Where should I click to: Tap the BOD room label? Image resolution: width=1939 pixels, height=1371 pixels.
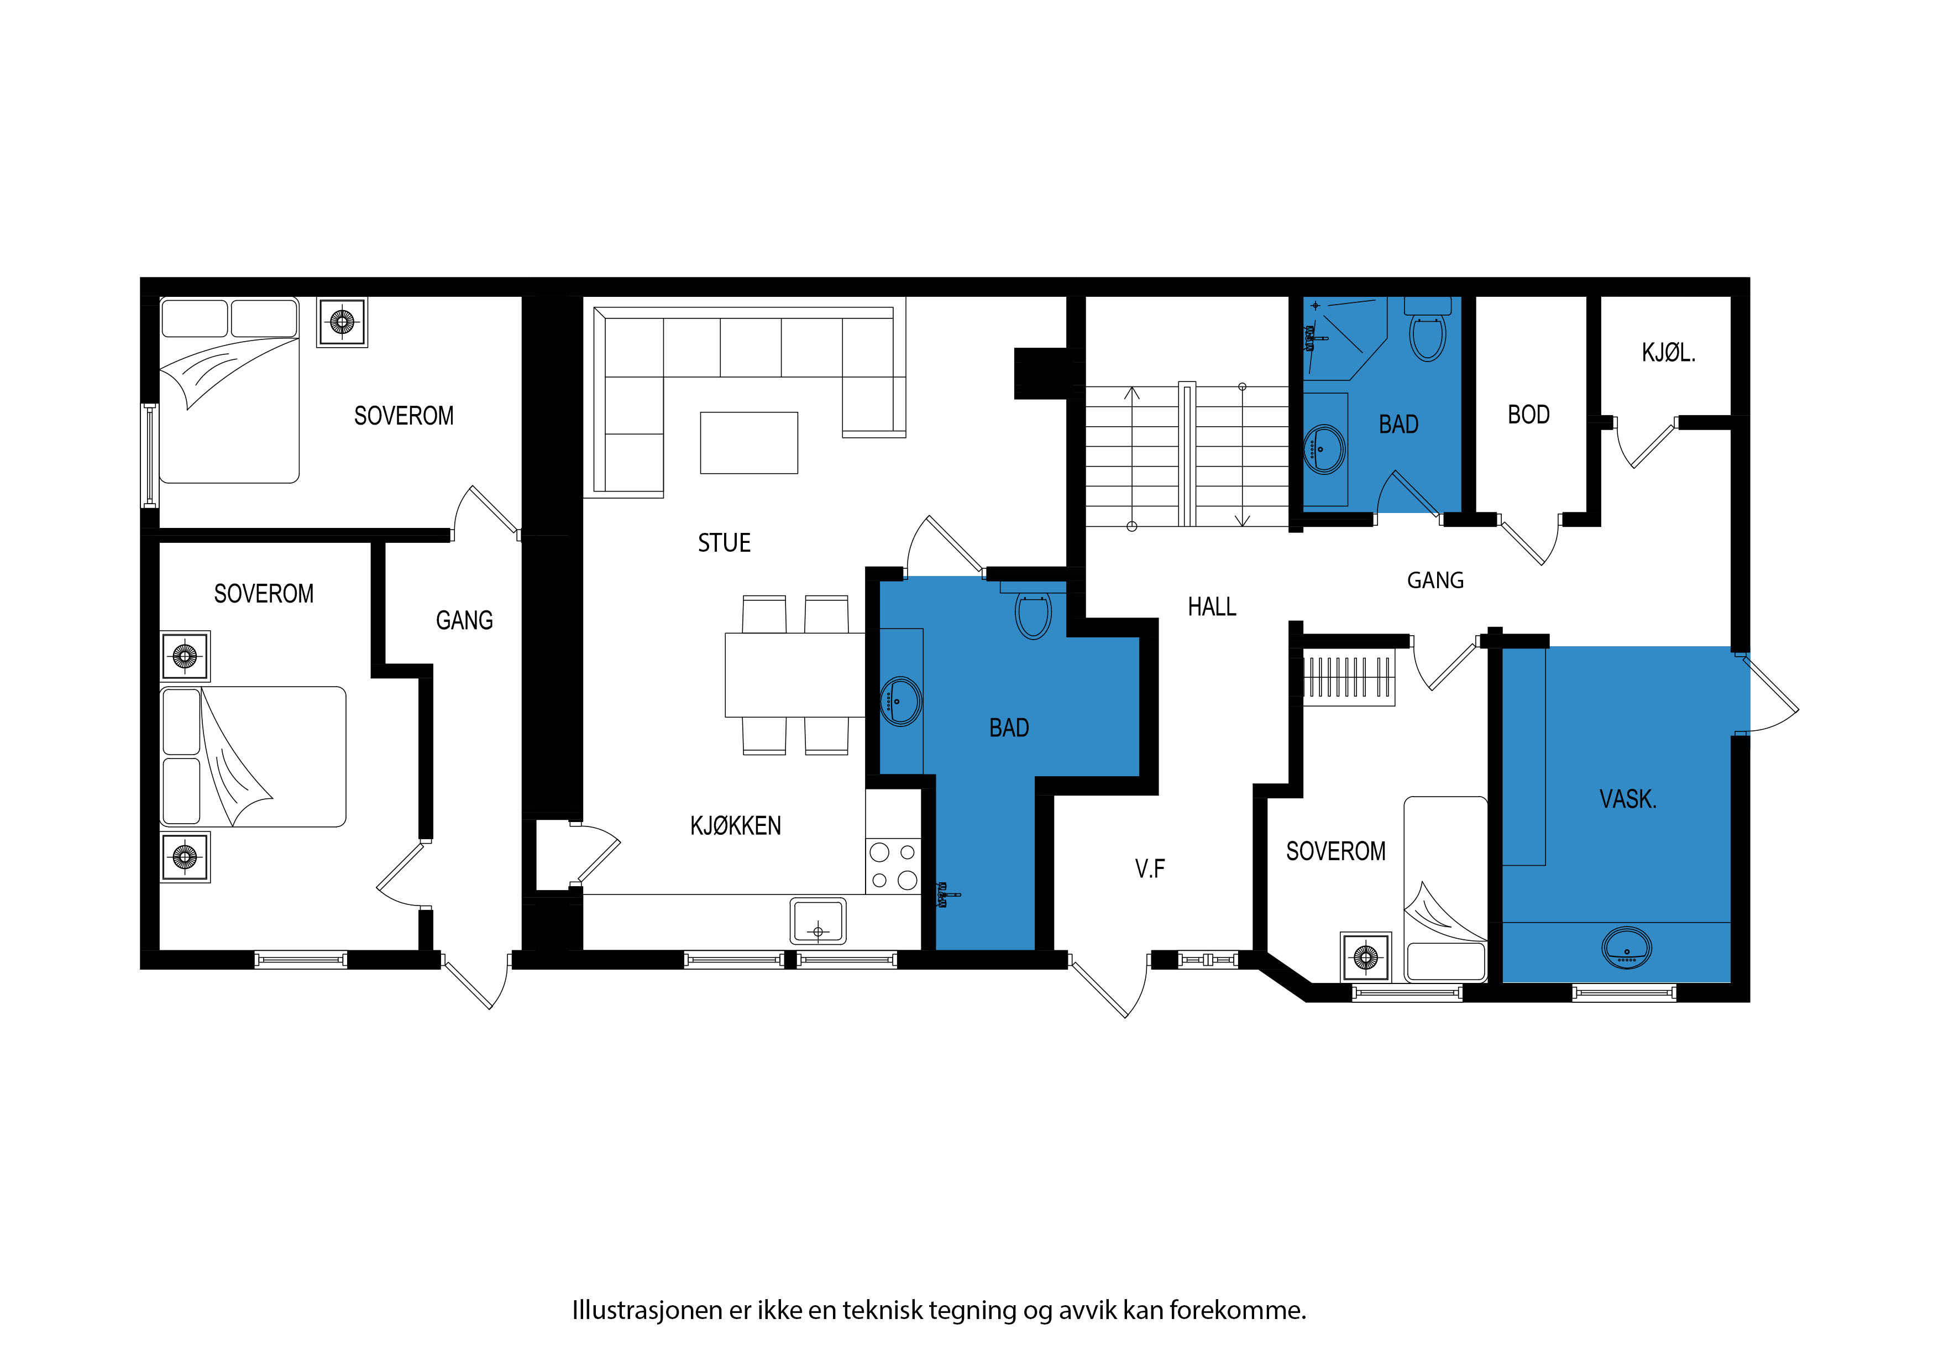point(1528,415)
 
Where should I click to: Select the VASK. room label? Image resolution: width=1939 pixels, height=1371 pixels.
point(1628,799)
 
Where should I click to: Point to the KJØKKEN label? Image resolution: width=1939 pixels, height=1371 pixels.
point(736,825)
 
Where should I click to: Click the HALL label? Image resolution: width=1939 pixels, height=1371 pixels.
point(1212,606)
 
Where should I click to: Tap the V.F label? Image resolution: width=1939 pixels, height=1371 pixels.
point(1149,868)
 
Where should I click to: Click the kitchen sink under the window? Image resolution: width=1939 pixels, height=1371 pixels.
point(817,921)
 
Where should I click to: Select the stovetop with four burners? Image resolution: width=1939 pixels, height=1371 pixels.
point(893,866)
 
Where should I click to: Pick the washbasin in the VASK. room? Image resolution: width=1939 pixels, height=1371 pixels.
point(1627,948)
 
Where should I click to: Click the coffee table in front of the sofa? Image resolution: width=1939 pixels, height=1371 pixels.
point(749,443)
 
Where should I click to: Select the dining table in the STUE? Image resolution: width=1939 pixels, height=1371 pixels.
point(795,675)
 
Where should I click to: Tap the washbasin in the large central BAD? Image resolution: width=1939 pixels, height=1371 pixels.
point(901,701)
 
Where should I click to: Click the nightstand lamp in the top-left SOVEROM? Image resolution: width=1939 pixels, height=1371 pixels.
point(342,322)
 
